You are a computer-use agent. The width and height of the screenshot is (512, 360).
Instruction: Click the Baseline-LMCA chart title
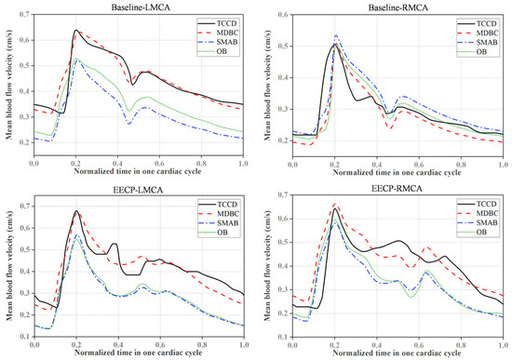click(x=141, y=7)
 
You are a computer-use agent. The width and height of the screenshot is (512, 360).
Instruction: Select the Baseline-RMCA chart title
click(x=398, y=7)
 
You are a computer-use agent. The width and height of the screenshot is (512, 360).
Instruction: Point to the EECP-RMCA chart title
click(x=397, y=189)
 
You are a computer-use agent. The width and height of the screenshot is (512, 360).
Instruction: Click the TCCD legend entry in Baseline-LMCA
click(x=218, y=23)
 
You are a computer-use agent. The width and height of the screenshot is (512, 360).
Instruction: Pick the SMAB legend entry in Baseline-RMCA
click(x=478, y=43)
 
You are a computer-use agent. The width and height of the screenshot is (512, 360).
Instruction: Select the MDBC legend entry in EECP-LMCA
click(x=219, y=214)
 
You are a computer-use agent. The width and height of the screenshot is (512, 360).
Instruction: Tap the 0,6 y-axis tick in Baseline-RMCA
click(x=283, y=15)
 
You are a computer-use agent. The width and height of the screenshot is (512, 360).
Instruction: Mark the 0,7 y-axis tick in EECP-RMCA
click(x=283, y=194)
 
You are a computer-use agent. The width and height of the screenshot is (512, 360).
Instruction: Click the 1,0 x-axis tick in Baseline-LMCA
click(x=243, y=163)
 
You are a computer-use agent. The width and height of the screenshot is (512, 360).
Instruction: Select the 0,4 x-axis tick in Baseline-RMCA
click(x=377, y=164)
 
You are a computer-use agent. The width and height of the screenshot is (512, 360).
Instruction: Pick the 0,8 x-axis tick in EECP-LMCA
click(x=202, y=345)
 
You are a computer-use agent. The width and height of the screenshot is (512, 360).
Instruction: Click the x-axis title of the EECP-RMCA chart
click(x=397, y=353)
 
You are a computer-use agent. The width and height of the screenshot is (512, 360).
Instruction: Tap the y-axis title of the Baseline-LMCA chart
click(x=9, y=85)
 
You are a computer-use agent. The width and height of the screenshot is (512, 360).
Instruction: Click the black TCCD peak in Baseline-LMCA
click(x=76, y=30)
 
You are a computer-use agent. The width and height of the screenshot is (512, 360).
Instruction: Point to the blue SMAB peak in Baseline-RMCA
click(x=336, y=35)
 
